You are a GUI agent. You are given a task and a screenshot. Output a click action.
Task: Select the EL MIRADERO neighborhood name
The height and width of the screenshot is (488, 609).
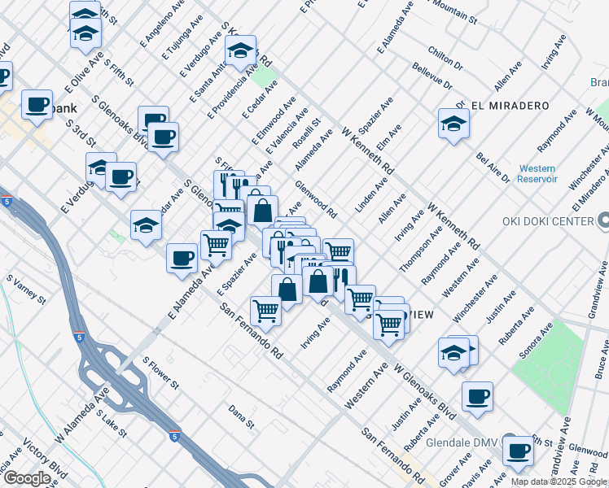point(510,106)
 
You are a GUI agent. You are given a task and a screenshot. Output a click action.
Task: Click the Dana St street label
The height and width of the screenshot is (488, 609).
point(242,417)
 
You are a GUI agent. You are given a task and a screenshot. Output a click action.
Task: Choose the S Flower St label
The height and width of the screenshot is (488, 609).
point(160,373)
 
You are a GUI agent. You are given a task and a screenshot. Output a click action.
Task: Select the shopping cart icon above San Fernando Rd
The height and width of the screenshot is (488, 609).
point(265,309)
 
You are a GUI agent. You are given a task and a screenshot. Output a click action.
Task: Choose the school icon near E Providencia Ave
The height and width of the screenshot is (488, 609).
point(240,50)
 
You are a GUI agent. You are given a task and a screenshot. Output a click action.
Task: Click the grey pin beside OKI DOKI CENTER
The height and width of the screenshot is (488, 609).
point(603,220)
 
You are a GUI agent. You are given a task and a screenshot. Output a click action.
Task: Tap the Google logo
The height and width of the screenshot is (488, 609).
point(27,478)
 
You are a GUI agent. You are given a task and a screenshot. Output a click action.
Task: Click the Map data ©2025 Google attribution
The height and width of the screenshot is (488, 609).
point(559,481)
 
